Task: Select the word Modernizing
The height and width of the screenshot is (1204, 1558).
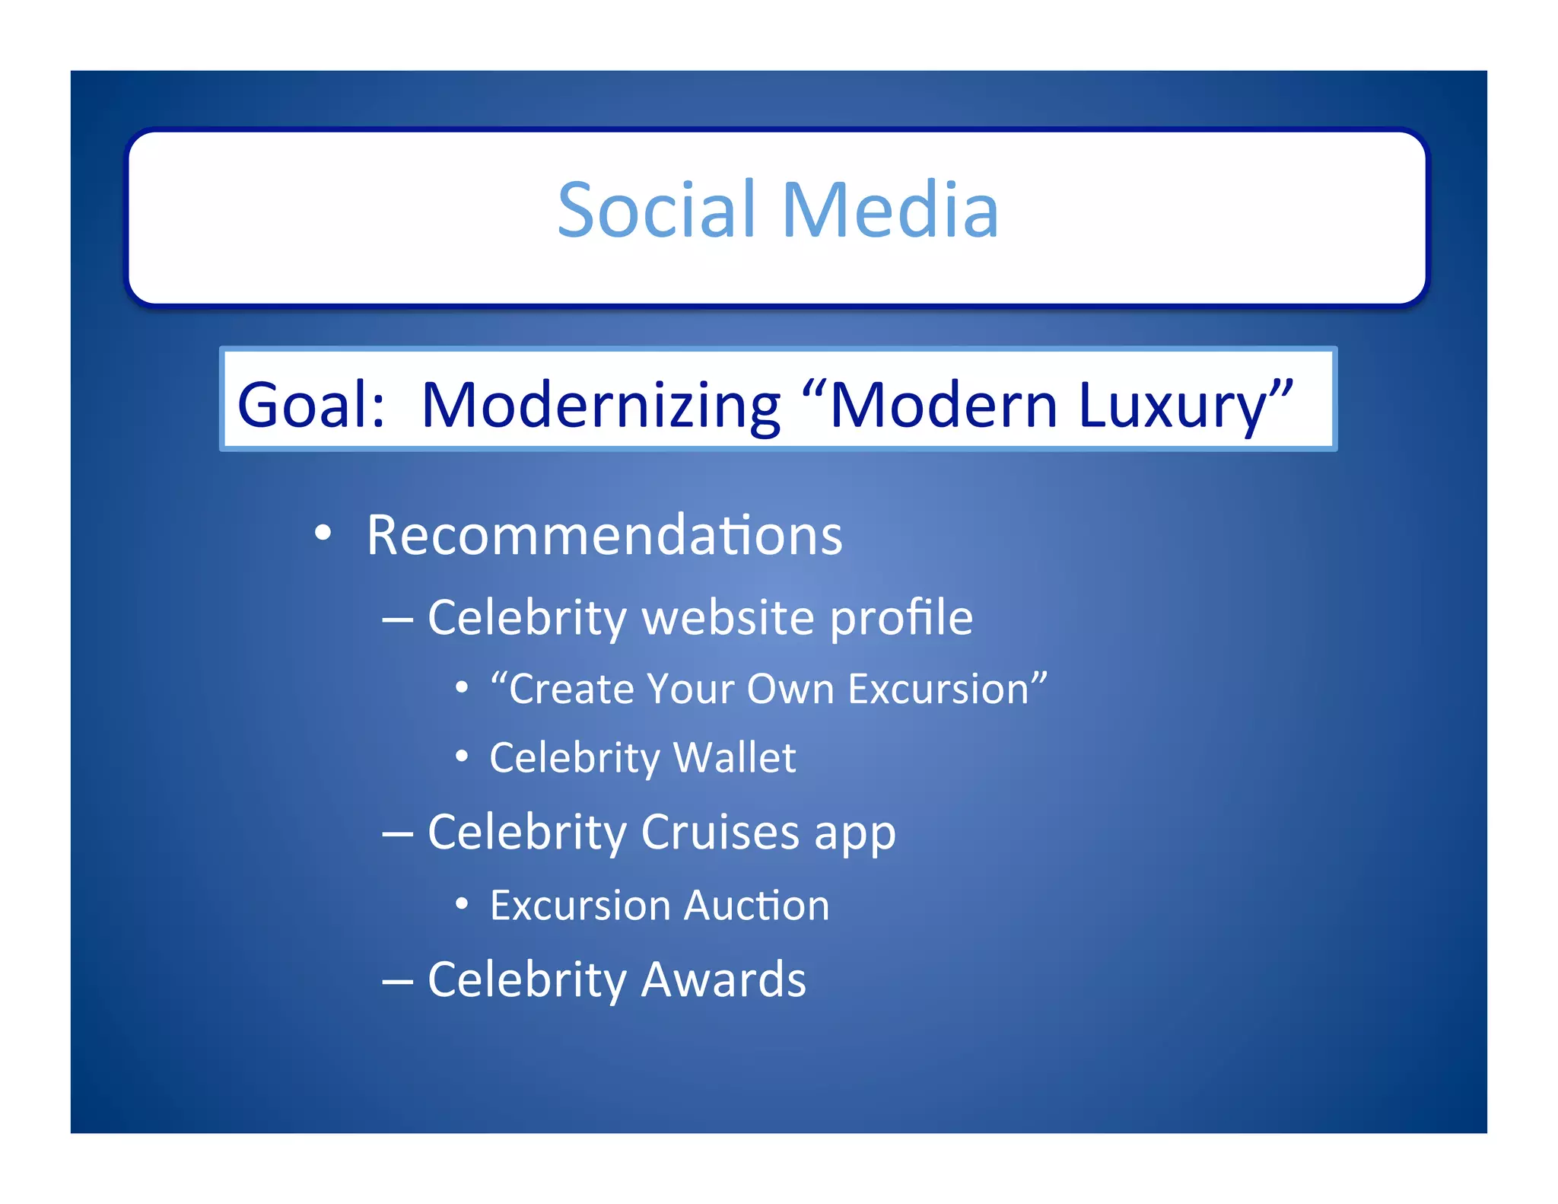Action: pyautogui.click(x=601, y=406)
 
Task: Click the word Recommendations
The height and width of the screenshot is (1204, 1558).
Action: pyautogui.click(x=605, y=535)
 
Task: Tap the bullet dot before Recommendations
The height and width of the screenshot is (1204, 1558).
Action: pyautogui.click(x=323, y=534)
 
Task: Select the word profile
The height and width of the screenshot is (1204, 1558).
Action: pyautogui.click(x=901, y=618)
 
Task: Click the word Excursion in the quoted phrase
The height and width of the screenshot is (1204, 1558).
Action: pyautogui.click(x=938, y=689)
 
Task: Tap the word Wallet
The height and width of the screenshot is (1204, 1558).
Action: pyautogui.click(x=734, y=757)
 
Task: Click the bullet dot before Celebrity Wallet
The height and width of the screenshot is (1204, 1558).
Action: pyautogui.click(x=462, y=757)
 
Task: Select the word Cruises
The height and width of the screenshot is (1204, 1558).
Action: pyautogui.click(x=720, y=831)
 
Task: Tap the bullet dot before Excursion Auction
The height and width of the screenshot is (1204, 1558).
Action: pyautogui.click(x=462, y=905)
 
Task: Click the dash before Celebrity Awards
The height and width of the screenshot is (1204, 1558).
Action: pyautogui.click(x=398, y=983)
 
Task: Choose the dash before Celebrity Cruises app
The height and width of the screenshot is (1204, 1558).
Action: pyautogui.click(x=398, y=835)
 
